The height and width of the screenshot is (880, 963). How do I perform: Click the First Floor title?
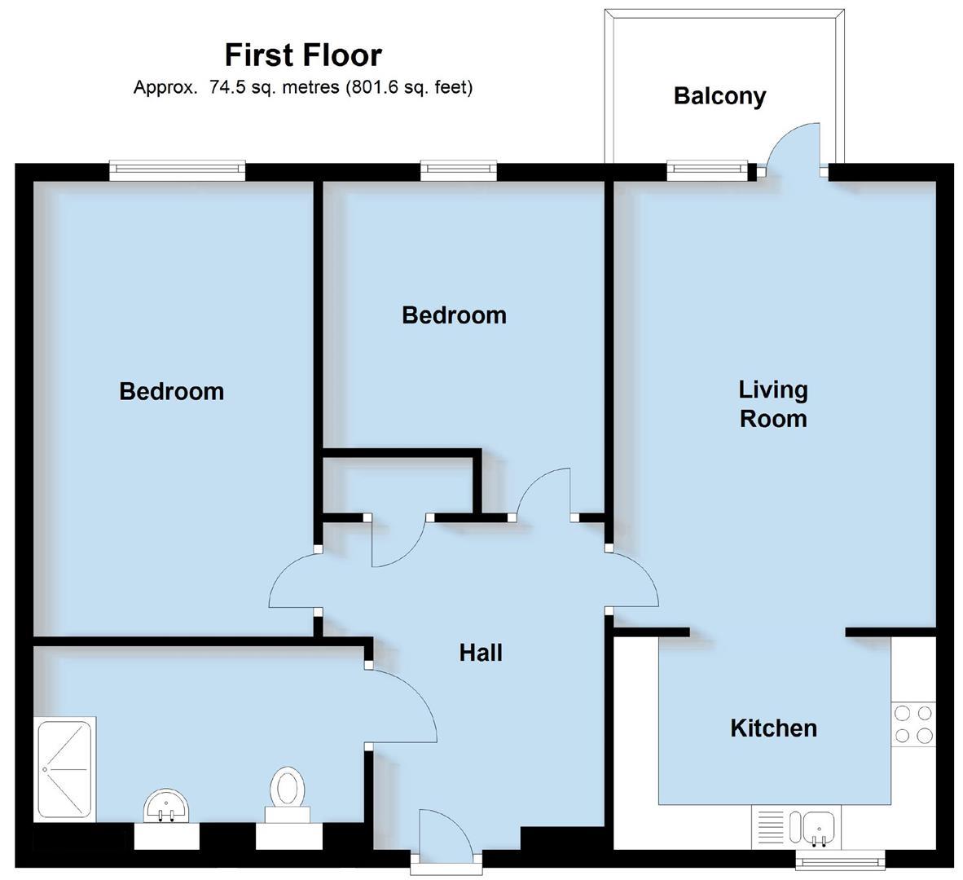[x=303, y=55]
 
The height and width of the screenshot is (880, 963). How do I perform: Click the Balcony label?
[x=719, y=96]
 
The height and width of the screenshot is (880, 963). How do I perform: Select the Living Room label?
[x=772, y=404]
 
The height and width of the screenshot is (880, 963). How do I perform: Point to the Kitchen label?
[x=772, y=728]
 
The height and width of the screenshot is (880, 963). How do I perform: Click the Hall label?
[x=481, y=653]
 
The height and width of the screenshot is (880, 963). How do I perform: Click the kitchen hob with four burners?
[x=912, y=724]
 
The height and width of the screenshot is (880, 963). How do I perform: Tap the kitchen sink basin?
[x=817, y=829]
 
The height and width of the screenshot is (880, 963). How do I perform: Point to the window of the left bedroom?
[x=178, y=169]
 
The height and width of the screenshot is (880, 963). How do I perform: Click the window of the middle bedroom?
[x=459, y=169]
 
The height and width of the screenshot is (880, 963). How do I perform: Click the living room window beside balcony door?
[x=706, y=169]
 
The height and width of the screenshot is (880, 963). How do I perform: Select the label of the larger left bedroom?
[x=171, y=391]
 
